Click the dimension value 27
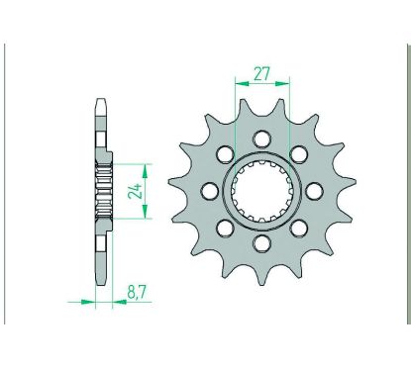[x=261, y=73]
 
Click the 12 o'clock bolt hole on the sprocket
[x=261, y=138]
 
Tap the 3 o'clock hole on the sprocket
[x=314, y=189]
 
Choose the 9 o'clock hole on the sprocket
[x=209, y=189]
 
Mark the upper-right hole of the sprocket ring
[x=298, y=152]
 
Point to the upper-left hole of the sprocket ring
[x=225, y=152]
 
